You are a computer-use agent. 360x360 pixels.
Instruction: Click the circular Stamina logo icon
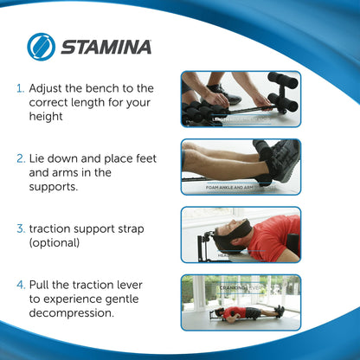tap(41, 47)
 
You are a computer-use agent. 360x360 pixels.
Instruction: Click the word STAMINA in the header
tap(106, 47)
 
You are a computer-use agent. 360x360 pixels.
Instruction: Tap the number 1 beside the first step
tap(20, 88)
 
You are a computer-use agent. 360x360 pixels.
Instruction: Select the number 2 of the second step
tap(20, 159)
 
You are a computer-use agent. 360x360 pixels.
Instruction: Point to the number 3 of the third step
tap(20, 228)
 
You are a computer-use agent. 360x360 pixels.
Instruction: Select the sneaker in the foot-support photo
tap(279, 161)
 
